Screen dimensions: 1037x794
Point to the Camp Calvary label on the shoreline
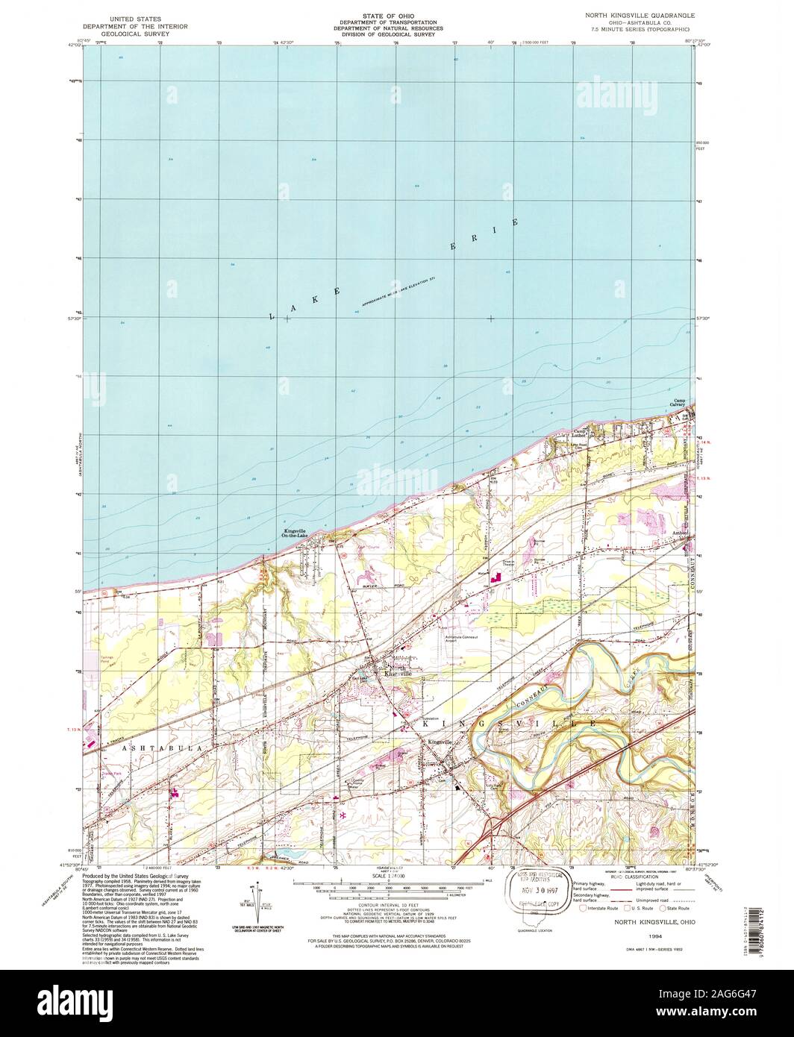click(680, 402)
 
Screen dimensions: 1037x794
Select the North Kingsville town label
click(396, 671)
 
